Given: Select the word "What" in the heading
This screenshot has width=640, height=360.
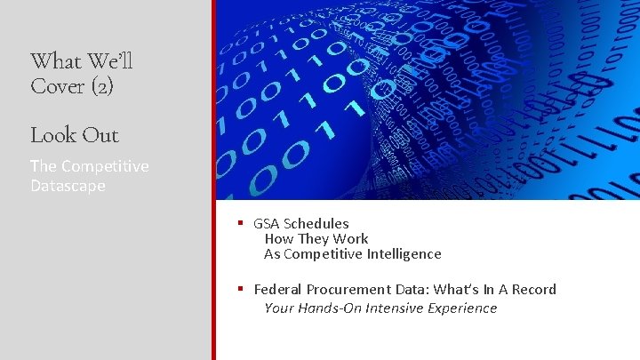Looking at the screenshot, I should coord(55,61).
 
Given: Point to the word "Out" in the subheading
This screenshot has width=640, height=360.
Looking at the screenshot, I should coord(100,135).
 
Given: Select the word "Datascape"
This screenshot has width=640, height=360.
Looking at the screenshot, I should coord(68,186).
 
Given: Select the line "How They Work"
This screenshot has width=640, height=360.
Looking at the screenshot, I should coord(316,239).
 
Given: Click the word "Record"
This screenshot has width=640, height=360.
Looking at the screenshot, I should coord(533,290).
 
